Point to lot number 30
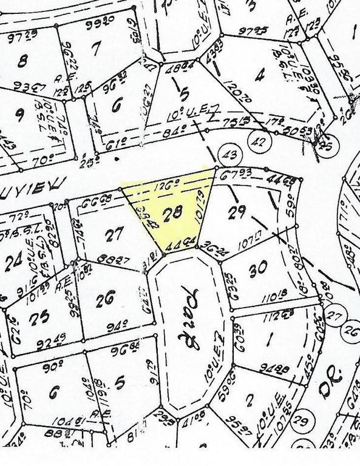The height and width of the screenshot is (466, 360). (259, 268)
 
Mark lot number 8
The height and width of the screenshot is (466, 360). (24, 61)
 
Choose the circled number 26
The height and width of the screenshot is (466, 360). (350, 331)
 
